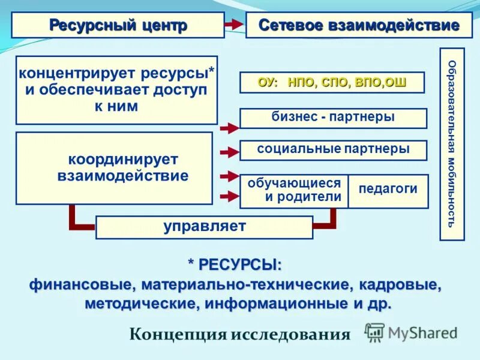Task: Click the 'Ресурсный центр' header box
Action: click(x=118, y=25)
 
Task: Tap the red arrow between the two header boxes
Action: click(x=233, y=25)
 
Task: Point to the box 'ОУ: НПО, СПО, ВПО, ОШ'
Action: click(x=332, y=82)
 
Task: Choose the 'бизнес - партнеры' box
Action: click(x=333, y=118)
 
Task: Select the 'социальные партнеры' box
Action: click(x=333, y=150)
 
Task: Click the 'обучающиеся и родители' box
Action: click(x=294, y=191)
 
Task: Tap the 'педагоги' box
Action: click(x=388, y=190)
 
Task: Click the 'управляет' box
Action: click(x=204, y=227)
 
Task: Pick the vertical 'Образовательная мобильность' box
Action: click(x=452, y=144)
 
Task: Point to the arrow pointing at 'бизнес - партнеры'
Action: click(x=229, y=127)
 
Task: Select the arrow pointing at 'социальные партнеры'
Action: click(x=229, y=153)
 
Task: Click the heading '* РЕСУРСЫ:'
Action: click(x=235, y=265)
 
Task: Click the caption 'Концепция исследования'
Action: click(x=239, y=334)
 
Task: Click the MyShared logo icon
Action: click(x=374, y=332)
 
